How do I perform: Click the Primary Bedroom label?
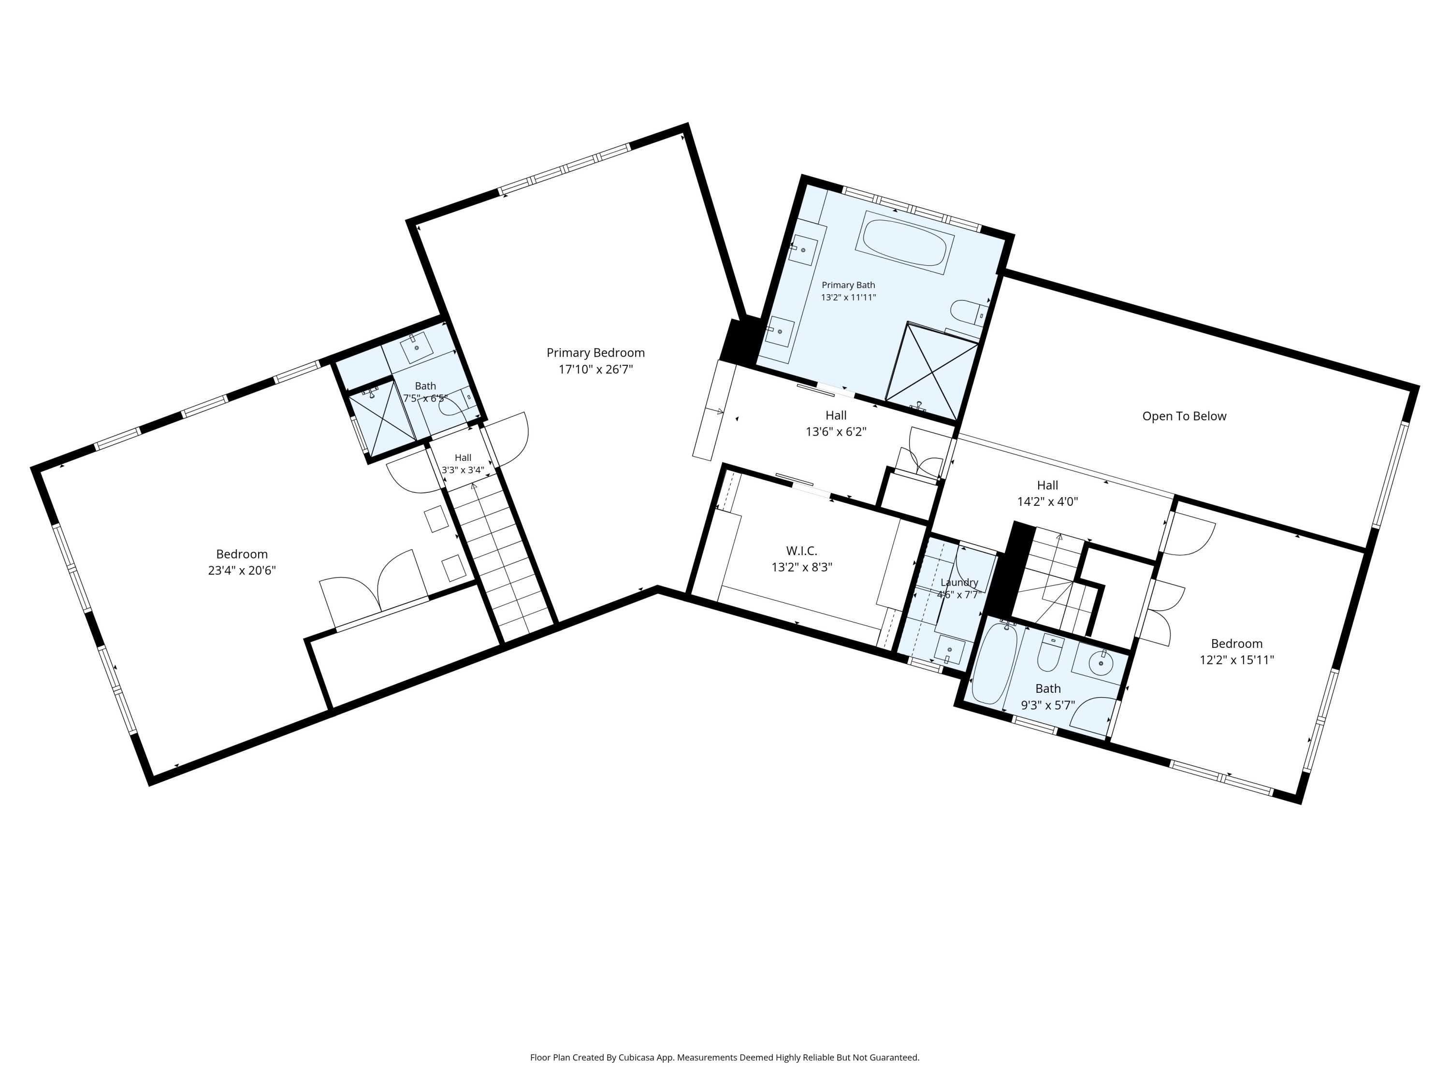(x=595, y=353)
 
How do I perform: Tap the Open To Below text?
(x=1184, y=416)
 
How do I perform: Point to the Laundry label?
(x=959, y=583)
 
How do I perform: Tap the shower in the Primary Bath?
(x=931, y=371)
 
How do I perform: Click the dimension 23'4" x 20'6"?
(x=242, y=570)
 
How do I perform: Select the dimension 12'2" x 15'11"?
(x=1236, y=660)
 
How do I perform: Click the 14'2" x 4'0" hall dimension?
(x=1047, y=502)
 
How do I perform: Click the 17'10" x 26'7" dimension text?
(x=595, y=370)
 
